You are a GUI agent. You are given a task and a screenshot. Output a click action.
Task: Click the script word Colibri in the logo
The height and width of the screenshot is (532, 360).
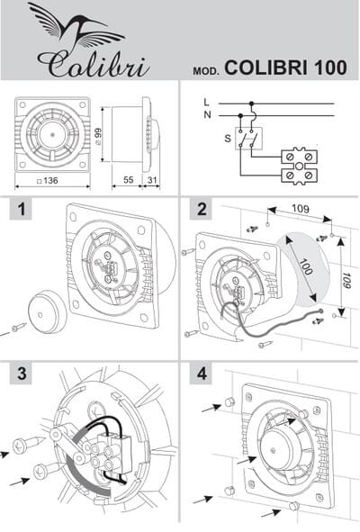94,65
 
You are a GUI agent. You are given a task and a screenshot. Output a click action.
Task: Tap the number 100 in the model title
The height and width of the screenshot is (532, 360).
330,68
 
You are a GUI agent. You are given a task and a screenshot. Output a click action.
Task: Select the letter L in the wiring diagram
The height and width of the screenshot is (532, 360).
207,102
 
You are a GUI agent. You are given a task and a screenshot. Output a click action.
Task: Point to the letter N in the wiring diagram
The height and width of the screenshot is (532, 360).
207,115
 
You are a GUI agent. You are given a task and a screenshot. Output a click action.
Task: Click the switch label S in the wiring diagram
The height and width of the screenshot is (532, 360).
228,139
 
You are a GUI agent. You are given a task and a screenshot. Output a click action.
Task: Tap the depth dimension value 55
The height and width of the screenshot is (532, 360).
129,180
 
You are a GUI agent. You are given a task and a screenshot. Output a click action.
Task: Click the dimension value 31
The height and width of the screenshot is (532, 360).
152,180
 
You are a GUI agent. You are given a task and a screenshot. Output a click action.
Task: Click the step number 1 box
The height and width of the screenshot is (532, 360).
21,209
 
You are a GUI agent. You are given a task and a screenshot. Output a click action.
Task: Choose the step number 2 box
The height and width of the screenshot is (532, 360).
202,209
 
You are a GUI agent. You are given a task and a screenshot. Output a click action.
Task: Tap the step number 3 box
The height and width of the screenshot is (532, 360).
21,374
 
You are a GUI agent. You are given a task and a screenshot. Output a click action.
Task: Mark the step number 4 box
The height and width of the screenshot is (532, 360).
202,374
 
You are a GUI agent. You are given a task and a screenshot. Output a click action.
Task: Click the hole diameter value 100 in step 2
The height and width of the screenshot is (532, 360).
305,266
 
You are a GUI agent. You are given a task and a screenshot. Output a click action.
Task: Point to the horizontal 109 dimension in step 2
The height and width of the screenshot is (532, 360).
301,208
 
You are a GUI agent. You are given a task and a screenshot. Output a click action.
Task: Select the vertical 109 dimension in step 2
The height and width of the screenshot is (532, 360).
346,280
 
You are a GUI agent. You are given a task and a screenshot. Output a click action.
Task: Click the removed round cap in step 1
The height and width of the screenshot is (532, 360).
48,311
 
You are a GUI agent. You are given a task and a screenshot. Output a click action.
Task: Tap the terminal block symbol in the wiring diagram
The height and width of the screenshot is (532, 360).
300,166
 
